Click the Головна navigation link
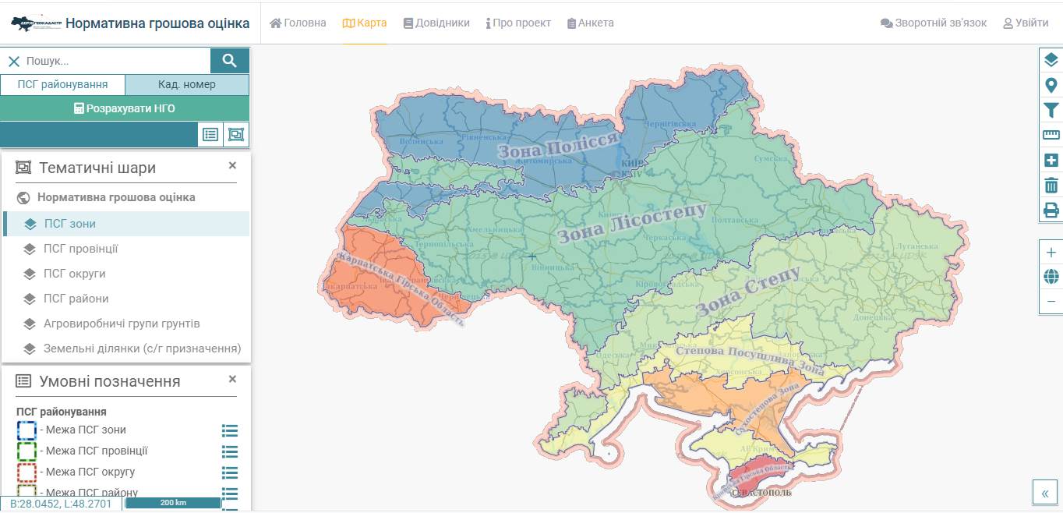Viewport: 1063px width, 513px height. (298, 23)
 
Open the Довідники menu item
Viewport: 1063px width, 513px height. (436, 23)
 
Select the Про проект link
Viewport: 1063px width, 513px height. (518, 23)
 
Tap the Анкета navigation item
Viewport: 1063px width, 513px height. (591, 23)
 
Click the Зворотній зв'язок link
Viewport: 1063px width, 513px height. (934, 23)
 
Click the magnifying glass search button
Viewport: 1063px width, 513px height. (229, 61)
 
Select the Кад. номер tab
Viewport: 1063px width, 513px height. (187, 84)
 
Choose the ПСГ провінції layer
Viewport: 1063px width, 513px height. (81, 249)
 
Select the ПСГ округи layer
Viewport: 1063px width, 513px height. (75, 274)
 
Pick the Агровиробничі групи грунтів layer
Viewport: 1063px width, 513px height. (122, 324)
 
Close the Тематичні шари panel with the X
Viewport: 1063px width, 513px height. (232, 165)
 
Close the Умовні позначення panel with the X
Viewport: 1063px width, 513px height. (232, 379)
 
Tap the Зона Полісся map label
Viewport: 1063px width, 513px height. (558, 145)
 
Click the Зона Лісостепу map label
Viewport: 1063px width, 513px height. (632, 222)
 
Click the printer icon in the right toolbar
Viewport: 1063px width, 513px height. (1051, 210)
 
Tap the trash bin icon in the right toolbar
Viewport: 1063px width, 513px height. (1051, 185)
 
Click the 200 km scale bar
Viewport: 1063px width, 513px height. (173, 503)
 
